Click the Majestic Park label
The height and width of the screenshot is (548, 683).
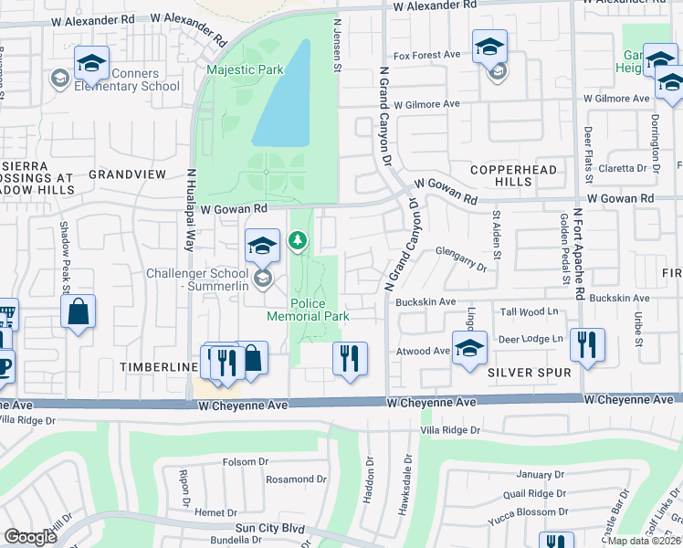pos(245,69)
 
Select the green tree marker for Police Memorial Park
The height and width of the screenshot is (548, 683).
pos(297,241)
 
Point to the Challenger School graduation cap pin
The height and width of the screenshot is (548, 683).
pos(262,246)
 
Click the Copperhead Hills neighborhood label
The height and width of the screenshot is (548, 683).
pos(500,175)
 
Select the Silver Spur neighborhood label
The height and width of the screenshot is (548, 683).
pos(529,373)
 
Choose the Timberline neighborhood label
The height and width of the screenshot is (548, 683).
pos(157,366)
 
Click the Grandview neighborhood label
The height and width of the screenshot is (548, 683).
pos(128,174)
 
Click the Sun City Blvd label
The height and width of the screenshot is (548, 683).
pos(269,528)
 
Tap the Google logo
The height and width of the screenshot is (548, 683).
pos(30,536)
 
